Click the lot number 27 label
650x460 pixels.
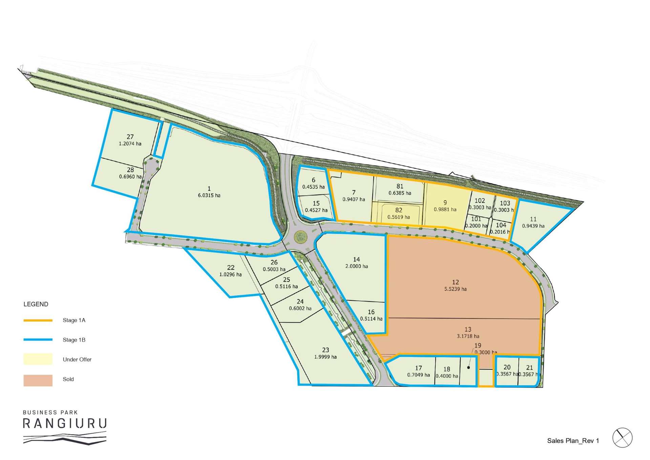130,137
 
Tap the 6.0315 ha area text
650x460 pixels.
209,195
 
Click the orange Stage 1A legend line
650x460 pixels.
38,320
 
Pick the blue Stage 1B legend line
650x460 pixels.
38,340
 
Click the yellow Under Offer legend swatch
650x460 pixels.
38,359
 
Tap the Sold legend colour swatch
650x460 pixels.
38,380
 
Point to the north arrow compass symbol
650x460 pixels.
622,438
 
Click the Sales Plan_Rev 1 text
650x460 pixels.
573,441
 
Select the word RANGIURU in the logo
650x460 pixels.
65,424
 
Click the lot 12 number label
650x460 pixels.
455,282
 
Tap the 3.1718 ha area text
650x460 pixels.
468,336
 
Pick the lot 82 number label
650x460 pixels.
399,210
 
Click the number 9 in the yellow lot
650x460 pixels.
445,203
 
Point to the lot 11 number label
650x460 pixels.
533,219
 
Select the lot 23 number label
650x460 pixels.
326,350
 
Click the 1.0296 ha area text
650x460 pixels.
230,275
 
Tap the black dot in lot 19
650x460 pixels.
468,367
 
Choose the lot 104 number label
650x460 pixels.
501,225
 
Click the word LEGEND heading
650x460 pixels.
36,304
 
